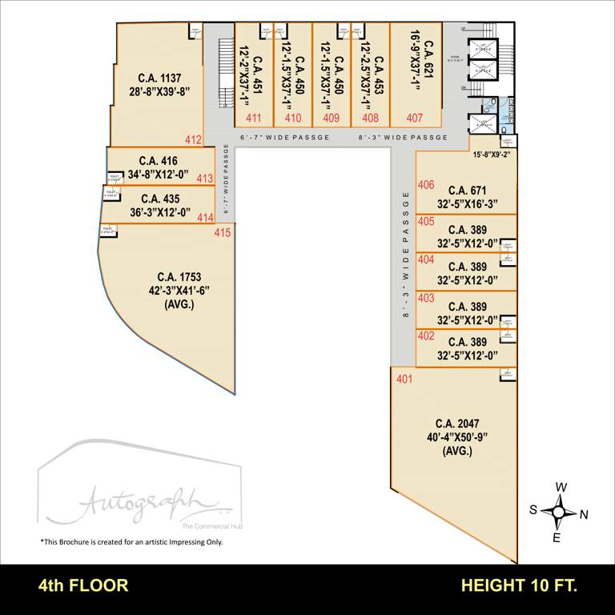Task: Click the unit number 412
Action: [x=193, y=139]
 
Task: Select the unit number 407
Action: [x=414, y=118]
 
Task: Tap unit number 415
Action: [x=223, y=233]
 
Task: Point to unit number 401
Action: [x=404, y=379]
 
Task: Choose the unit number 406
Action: [x=426, y=185]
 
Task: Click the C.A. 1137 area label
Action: [x=160, y=78]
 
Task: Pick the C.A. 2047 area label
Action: [x=457, y=423]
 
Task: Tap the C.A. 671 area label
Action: [x=468, y=191]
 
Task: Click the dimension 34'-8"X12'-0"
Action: [x=158, y=174]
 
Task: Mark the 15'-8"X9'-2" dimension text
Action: [x=492, y=154]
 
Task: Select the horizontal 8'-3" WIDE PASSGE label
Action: [x=403, y=138]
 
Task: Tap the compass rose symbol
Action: [x=561, y=512]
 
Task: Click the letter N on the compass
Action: [x=585, y=513]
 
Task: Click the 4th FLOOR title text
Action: [x=83, y=585]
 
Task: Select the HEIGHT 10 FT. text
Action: [x=519, y=585]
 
